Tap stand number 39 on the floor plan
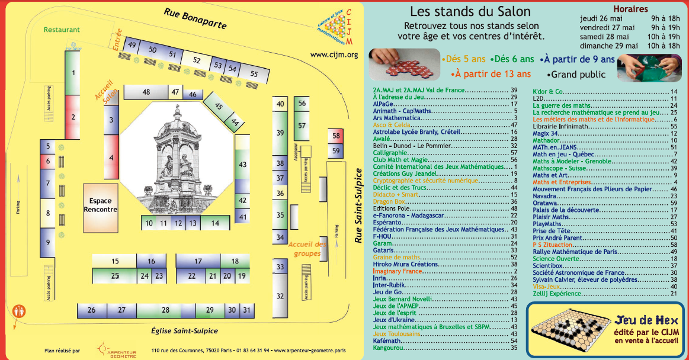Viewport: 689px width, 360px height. pyautogui.click(x=280, y=133)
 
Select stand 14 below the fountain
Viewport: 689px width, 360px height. pyautogui.click(x=214, y=223)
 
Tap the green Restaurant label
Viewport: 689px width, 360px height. pyautogui.click(x=62, y=30)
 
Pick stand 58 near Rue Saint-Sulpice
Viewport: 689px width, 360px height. pyautogui.click(x=336, y=136)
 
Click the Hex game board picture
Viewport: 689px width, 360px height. pyautogui.click(x=568, y=327)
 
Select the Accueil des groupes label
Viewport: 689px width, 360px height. pyautogui.click(x=307, y=249)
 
